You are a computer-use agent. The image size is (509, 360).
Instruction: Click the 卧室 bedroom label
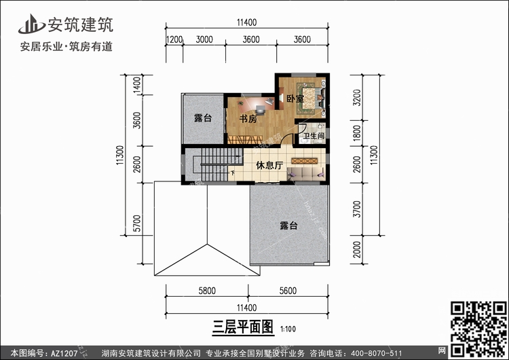click(x=295, y=98)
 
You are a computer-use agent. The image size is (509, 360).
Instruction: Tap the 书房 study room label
click(x=248, y=119)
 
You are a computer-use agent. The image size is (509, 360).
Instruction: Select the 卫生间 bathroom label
click(x=314, y=136)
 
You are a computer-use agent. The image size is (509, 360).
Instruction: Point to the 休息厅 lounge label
click(x=269, y=165)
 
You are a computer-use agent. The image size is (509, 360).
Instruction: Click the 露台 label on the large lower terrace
click(x=289, y=226)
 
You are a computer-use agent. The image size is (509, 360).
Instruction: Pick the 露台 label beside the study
click(x=203, y=118)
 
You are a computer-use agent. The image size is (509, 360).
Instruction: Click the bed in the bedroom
click(x=310, y=98)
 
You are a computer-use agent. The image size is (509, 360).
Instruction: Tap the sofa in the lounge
click(x=306, y=174)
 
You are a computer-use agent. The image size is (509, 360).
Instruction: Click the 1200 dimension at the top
click(x=174, y=39)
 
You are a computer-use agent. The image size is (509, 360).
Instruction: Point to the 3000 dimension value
click(x=204, y=39)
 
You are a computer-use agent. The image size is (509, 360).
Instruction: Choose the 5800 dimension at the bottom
click(x=207, y=291)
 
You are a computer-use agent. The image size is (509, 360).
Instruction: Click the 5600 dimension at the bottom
click(x=288, y=291)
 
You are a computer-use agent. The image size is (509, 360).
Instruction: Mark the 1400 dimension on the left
click(x=137, y=84)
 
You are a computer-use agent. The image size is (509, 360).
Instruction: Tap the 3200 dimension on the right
click(x=357, y=98)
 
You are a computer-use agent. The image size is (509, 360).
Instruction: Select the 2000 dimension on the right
click(x=357, y=249)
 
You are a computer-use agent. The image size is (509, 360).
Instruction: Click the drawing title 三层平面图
click(x=243, y=327)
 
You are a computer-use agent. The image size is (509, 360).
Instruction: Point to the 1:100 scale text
click(x=288, y=329)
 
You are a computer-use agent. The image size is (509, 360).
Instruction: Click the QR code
click(x=479, y=329)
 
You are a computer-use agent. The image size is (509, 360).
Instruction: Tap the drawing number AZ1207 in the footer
click(x=64, y=353)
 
